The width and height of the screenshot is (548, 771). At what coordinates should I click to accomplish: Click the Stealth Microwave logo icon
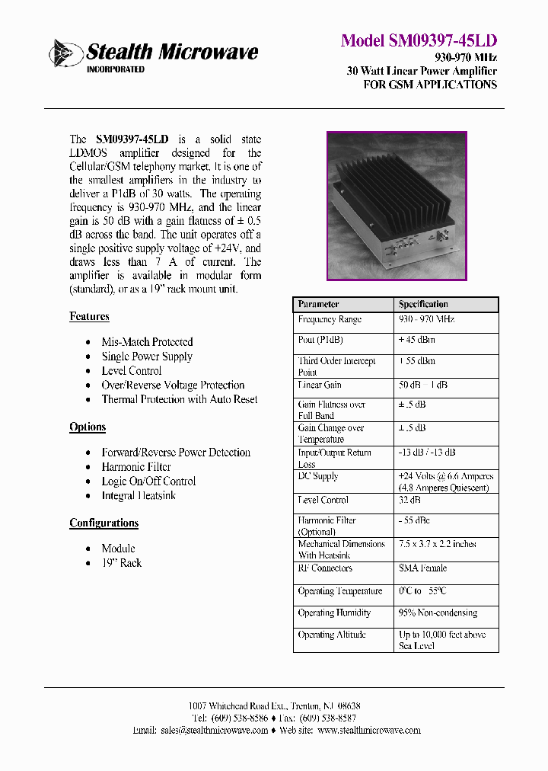pos(66,53)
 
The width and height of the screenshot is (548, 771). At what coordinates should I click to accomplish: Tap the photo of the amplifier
pos(396,206)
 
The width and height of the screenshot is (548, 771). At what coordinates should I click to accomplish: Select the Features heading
pos(89,316)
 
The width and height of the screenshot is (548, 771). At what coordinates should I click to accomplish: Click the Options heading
pos(88,427)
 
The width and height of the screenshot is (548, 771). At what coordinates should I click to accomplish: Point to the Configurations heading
pos(104,523)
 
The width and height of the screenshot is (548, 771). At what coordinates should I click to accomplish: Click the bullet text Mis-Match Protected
pos(147,342)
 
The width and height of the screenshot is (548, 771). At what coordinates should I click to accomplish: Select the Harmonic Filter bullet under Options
pos(136,467)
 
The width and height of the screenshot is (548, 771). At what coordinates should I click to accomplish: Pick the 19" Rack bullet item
pos(122,563)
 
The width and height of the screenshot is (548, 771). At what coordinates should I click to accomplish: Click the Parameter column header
pos(319,304)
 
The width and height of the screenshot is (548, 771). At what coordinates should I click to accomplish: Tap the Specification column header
pos(423,304)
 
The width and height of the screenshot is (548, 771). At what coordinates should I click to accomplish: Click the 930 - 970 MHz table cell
pos(426,320)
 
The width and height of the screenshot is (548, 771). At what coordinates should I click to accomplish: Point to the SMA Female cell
pos(422,568)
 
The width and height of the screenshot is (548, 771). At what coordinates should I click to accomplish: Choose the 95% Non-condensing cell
pos(438,613)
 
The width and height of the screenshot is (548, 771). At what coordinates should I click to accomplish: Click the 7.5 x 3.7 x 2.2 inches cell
pos(437,545)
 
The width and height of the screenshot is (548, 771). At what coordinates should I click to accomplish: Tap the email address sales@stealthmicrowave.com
pos(215,730)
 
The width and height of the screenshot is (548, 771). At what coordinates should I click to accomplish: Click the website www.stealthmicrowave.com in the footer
pos(368,730)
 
